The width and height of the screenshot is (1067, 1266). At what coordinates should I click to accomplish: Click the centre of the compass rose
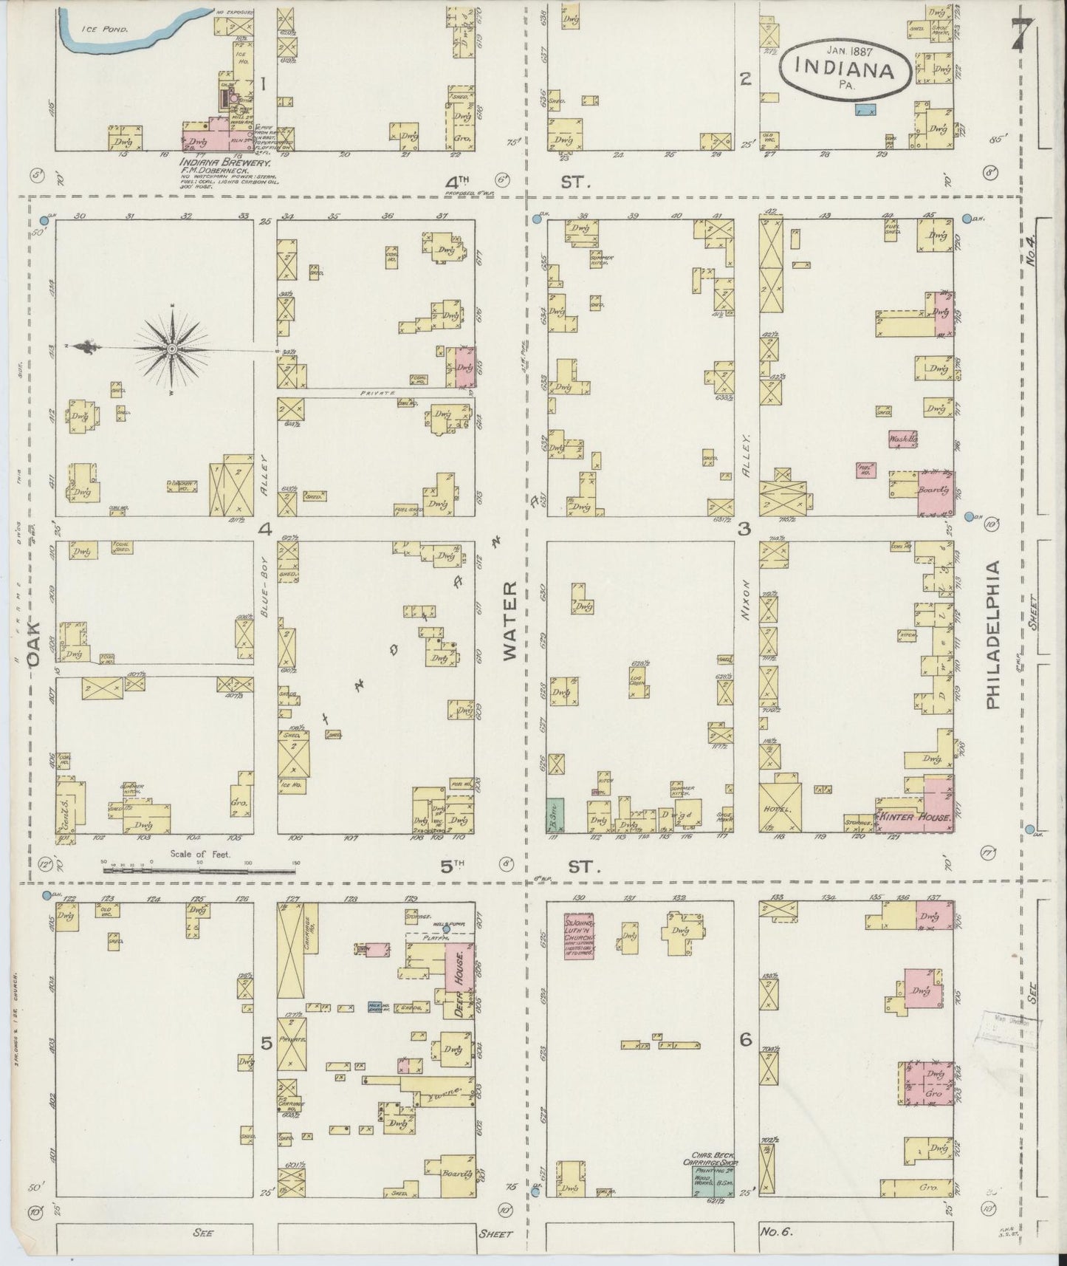(171, 348)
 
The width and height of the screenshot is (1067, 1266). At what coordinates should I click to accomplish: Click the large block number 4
(264, 529)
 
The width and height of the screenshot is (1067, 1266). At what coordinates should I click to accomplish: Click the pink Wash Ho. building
(902, 439)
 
